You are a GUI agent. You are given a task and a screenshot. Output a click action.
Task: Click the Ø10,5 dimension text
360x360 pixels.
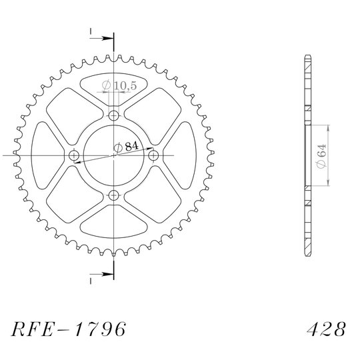coord(119,85)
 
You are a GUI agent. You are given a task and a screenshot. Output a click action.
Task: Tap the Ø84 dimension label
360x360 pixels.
coord(126,147)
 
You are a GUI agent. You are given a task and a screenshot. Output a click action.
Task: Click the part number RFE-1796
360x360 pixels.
coord(69,329)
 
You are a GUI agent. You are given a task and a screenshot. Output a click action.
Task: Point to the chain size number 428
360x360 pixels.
coord(326,329)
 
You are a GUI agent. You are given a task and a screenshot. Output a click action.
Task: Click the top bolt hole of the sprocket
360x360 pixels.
coord(113,115)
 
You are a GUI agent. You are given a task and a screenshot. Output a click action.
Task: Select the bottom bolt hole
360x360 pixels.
coord(113,195)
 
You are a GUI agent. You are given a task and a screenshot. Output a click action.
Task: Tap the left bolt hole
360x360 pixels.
coord(74,155)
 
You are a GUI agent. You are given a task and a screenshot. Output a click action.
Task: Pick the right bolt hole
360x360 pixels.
coord(153,155)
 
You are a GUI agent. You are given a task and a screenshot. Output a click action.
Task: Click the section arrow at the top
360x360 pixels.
coord(102,39)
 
